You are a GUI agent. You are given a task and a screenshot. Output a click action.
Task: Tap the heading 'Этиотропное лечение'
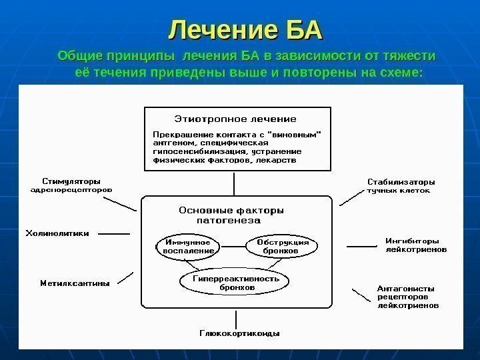235,119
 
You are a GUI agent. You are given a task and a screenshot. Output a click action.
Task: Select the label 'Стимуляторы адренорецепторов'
71,185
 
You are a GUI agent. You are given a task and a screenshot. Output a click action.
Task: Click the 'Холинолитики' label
57,233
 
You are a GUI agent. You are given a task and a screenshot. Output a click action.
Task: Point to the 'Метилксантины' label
75,283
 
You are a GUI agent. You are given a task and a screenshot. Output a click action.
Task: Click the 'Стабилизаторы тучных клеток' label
401,185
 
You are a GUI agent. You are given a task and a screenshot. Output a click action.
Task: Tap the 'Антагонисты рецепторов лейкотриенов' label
408,297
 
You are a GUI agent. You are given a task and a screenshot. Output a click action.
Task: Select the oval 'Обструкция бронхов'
281,246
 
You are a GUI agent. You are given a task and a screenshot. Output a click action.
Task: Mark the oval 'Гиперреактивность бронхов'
236,283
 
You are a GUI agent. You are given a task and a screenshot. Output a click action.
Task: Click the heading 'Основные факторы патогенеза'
231,214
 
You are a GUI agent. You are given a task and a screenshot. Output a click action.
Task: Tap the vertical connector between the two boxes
234,183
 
